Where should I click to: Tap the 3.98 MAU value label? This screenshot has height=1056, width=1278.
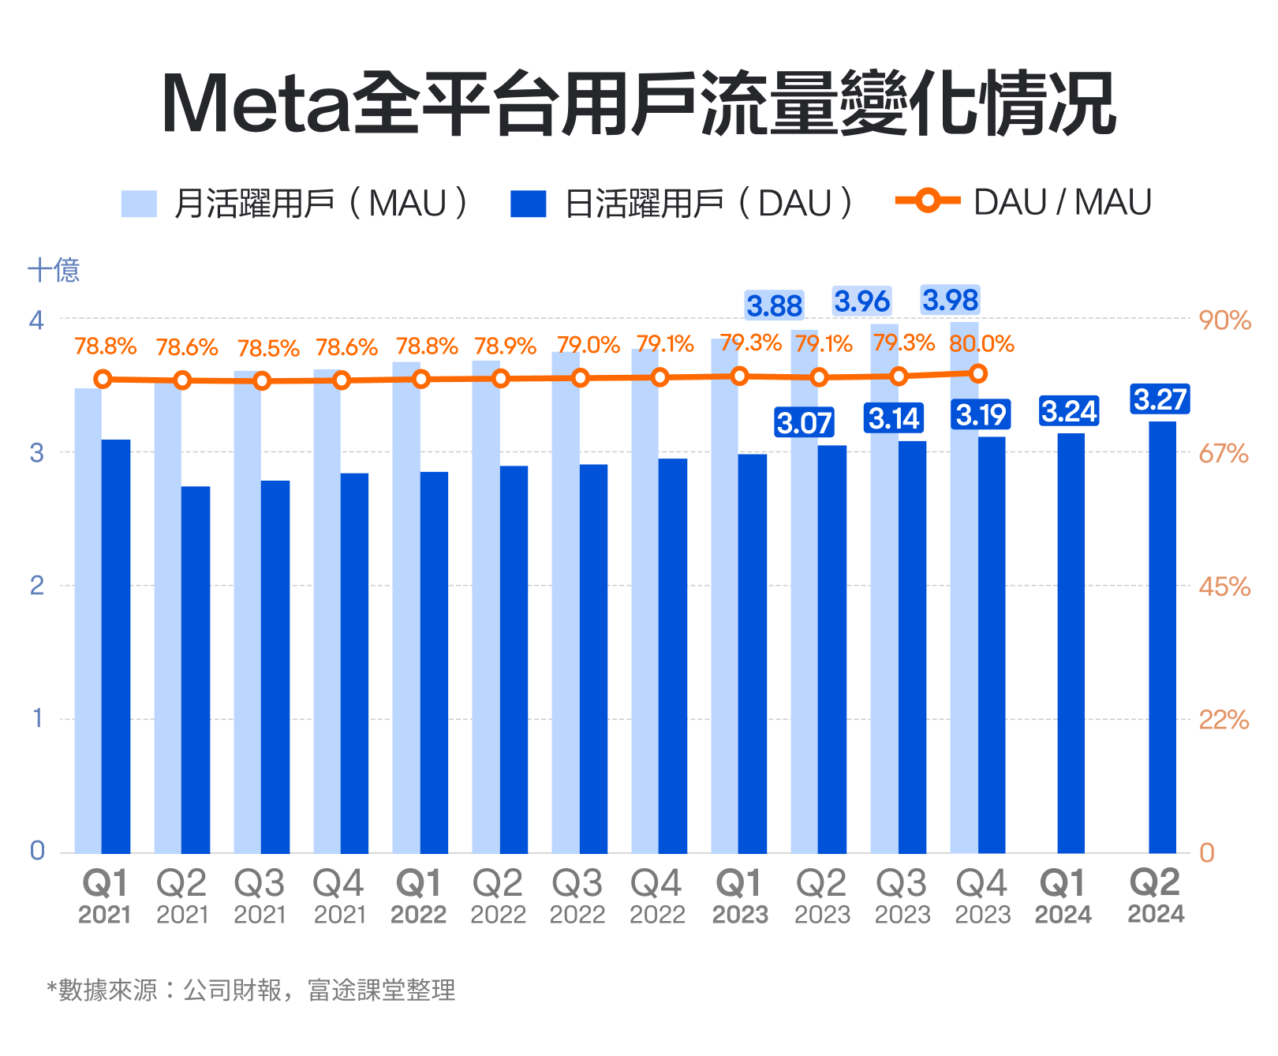point(951,300)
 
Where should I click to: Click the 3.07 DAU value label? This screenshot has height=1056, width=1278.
point(804,423)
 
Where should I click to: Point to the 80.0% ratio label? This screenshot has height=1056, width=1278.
point(981,344)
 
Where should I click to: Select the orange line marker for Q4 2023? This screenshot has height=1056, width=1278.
point(978,373)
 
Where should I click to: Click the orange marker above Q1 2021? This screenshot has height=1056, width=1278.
point(103,379)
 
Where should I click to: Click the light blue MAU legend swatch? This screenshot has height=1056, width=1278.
point(139,204)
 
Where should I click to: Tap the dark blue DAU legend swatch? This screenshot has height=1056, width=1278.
point(528,204)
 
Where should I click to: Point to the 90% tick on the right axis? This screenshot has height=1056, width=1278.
point(1224,320)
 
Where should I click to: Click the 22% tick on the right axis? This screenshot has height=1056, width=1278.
point(1224,720)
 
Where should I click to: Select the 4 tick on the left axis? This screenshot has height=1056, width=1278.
point(37,320)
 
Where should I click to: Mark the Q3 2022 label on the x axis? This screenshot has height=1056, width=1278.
point(577,897)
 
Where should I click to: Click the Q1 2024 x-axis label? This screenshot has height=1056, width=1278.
point(1063,897)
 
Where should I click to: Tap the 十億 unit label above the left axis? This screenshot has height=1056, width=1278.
point(54,270)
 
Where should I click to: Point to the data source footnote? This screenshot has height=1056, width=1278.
point(251,990)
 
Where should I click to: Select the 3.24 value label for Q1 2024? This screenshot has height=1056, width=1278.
point(1069,411)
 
